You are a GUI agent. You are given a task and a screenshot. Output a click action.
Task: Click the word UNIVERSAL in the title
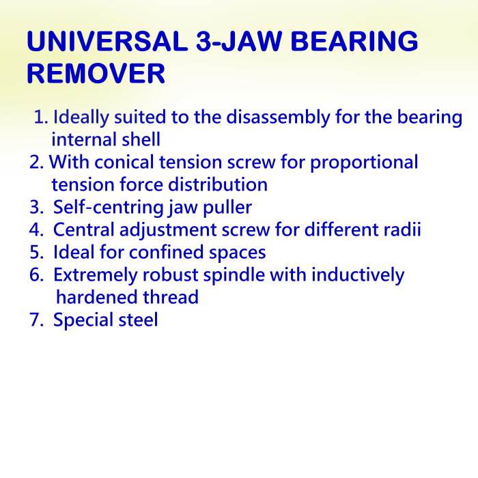(107, 41)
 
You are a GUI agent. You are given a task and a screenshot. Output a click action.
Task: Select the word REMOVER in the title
(96, 73)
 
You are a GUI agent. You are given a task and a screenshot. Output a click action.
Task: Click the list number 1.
(40, 117)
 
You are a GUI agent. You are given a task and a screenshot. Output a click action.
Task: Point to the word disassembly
(278, 117)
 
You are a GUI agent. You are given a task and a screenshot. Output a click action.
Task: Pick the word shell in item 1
(141, 139)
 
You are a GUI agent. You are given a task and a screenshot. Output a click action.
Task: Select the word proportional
(364, 163)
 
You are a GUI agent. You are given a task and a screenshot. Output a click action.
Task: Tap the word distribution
(218, 184)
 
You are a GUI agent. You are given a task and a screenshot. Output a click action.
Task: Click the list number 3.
(37, 208)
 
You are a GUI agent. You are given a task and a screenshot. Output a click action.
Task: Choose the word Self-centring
(108, 208)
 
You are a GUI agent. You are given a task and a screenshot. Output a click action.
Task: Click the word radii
(402, 229)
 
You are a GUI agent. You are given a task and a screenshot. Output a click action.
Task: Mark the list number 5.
(37, 253)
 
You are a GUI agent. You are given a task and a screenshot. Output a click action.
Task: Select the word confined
(166, 252)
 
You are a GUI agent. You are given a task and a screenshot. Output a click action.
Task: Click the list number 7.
(37, 320)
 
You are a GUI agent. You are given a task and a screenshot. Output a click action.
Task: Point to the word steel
(138, 320)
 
